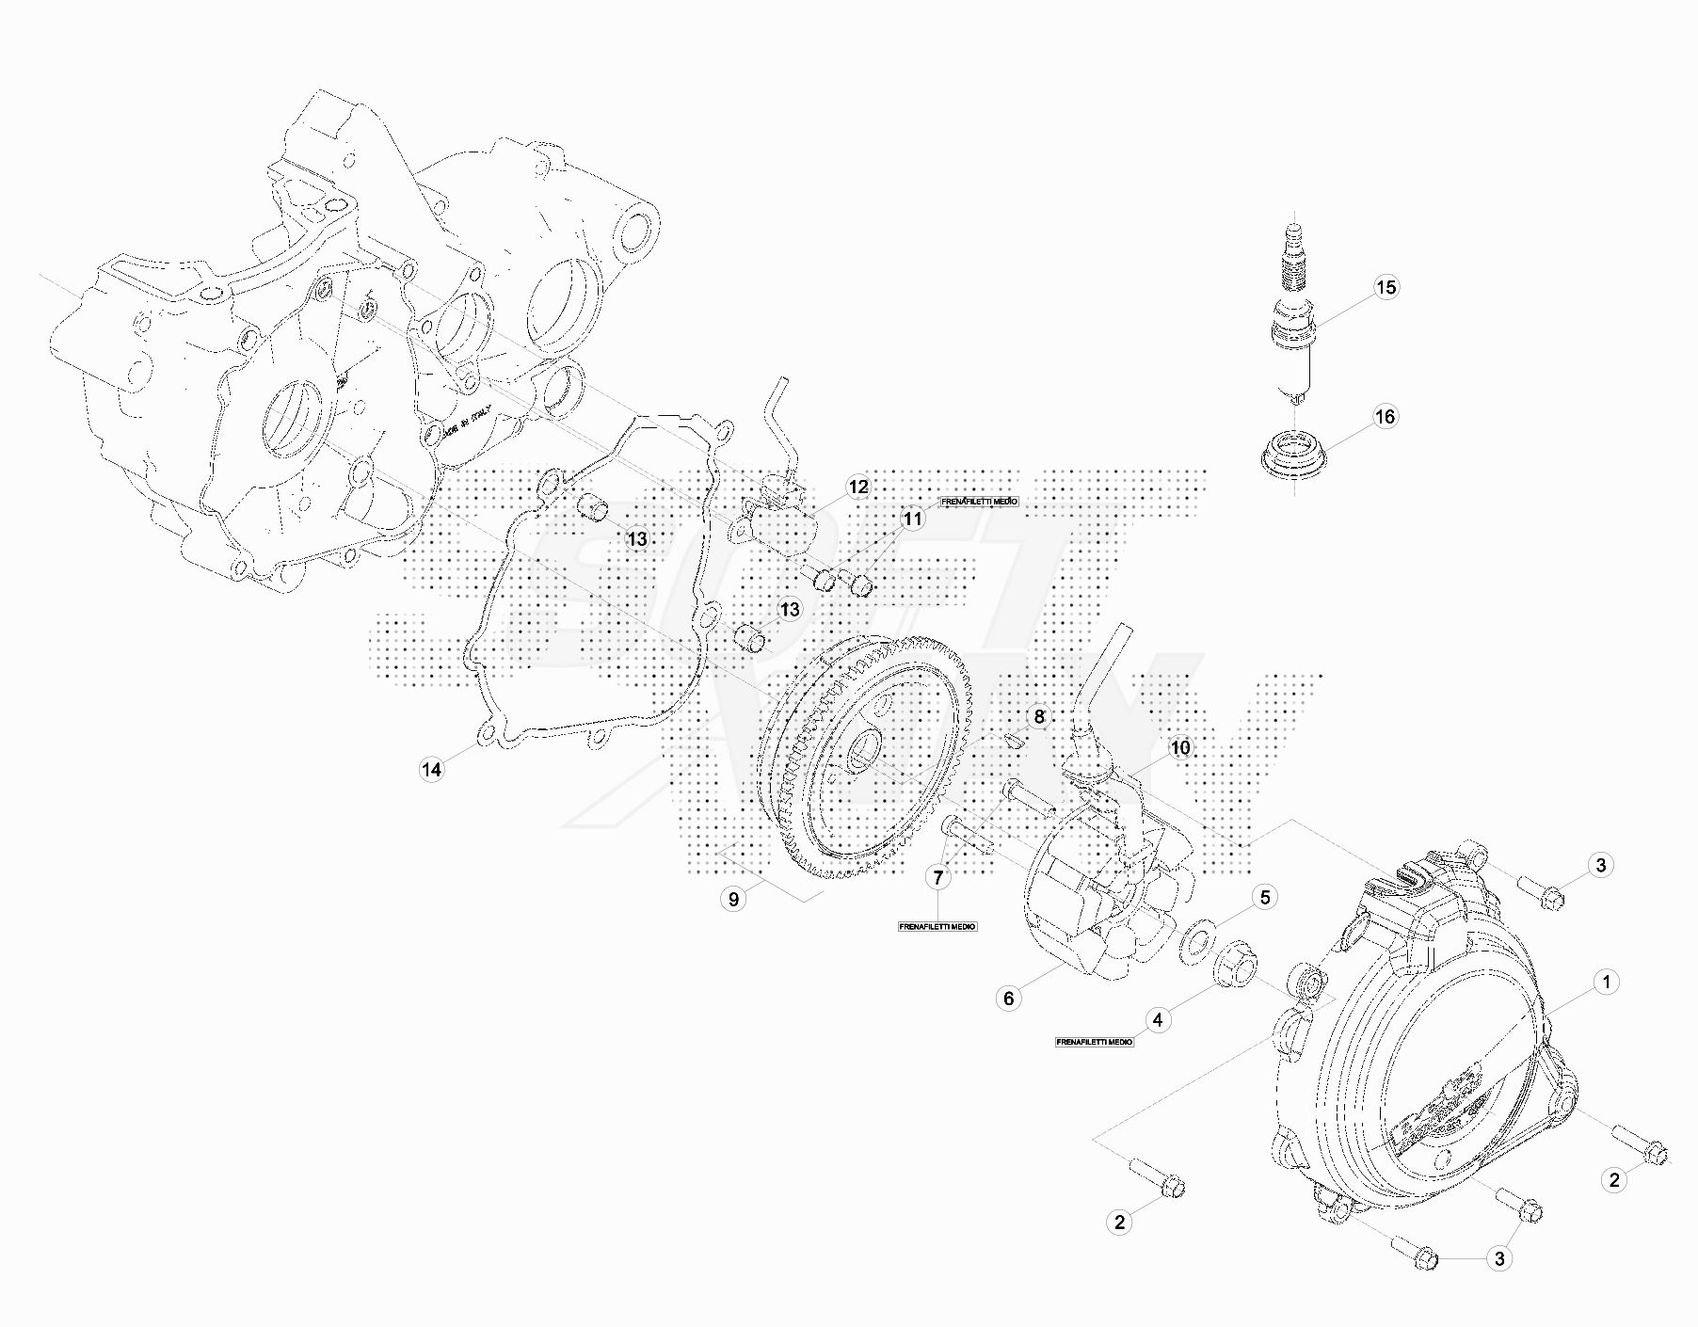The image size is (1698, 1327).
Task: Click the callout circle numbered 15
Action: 1386,287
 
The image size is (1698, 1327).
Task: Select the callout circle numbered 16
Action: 1386,416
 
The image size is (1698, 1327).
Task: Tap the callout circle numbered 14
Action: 431,770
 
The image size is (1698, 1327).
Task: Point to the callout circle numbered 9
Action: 733,899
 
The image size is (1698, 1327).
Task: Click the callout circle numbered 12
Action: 858,487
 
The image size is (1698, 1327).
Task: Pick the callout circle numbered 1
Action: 1607,982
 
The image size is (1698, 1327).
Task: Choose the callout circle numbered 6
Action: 1008,998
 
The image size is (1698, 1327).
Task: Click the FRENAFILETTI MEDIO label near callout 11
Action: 979,502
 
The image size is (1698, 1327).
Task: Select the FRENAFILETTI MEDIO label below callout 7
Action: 937,927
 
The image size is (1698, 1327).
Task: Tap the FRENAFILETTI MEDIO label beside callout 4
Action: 1095,1043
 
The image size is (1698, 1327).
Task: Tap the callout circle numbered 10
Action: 1179,747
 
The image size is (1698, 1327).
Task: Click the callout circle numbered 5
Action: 1264,897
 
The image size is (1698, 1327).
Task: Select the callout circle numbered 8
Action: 1039,717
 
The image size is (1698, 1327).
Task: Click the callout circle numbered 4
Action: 1158,1019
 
